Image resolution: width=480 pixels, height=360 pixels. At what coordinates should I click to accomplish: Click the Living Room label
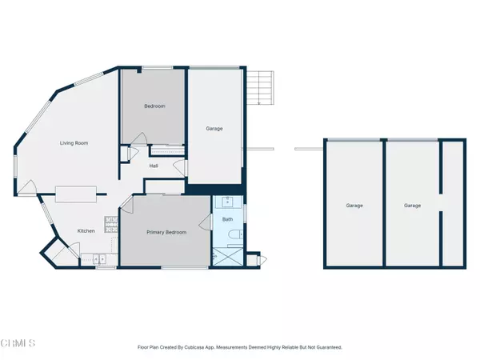(73, 143)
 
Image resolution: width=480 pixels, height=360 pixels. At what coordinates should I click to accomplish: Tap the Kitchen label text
(86, 231)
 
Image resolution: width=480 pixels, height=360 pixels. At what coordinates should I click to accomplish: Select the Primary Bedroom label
(166, 232)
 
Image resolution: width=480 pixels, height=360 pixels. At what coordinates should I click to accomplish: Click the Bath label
(227, 219)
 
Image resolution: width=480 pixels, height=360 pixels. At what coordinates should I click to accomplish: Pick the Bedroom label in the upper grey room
(154, 106)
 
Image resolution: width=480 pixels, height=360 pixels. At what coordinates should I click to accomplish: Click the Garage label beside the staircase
(214, 128)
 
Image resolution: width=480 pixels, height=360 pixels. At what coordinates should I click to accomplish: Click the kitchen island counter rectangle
(76, 192)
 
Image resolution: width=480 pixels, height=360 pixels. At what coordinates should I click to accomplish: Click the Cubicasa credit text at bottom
(240, 346)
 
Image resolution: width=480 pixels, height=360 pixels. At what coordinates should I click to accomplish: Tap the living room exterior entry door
(28, 188)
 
